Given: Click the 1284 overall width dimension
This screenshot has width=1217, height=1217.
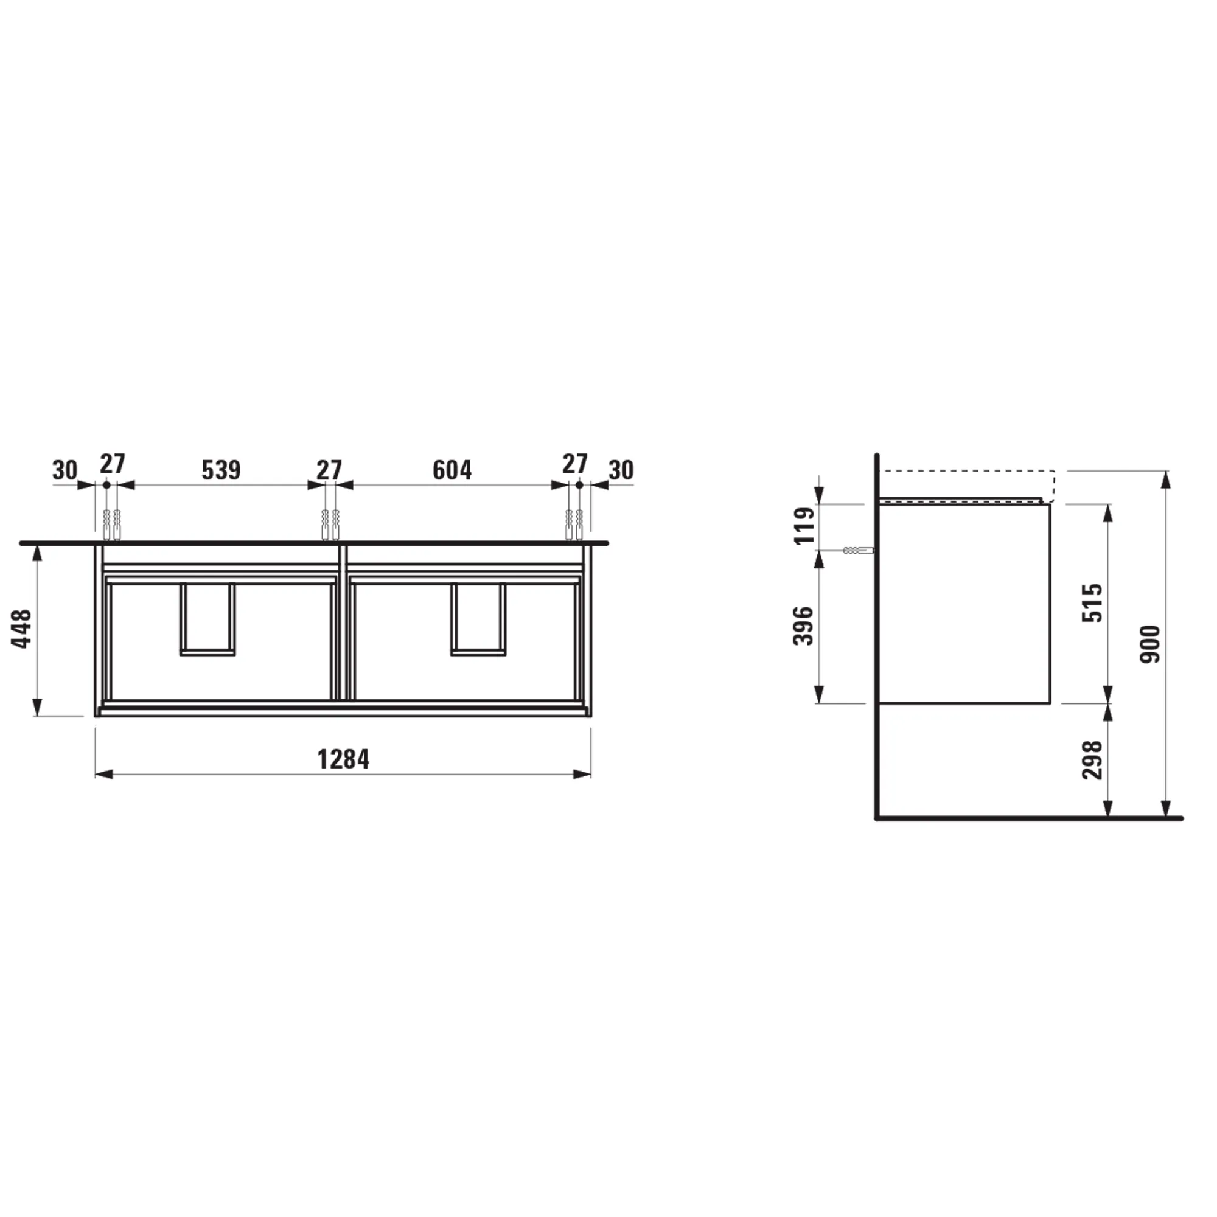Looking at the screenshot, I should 343,759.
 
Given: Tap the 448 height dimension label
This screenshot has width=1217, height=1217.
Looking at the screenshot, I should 22,629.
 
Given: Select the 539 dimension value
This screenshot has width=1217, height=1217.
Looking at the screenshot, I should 221,470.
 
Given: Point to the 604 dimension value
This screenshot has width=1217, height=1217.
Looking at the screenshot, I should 452,470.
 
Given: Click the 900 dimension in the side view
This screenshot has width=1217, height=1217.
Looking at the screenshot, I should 1149,644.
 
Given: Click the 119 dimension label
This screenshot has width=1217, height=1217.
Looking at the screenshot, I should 804,525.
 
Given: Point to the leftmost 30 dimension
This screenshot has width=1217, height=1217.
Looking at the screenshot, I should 65,470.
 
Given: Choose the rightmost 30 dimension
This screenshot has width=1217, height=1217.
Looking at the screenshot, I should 621,470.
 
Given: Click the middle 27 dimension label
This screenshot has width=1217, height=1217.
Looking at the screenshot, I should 329,469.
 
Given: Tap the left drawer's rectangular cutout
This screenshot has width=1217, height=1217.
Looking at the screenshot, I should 208,620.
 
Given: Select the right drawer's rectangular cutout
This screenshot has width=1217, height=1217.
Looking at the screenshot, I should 478,620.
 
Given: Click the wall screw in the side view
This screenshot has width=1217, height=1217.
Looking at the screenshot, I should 858,551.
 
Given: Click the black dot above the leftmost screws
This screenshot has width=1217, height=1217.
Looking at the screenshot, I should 106,485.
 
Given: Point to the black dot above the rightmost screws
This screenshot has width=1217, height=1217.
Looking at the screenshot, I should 579,485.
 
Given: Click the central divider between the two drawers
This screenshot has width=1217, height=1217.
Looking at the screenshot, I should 343,624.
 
